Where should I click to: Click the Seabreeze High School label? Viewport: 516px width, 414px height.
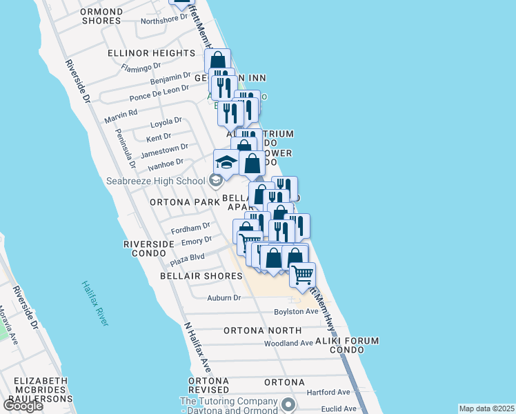156,181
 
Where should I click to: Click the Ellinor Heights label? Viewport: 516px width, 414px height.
151,53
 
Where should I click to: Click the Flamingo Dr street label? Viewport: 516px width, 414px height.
141,68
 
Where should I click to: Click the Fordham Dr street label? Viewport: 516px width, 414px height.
190,227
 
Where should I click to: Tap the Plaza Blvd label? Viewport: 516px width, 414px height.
188,257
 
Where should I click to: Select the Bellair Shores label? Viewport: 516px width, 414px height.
201,276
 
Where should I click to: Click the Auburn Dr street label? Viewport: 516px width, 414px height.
224,298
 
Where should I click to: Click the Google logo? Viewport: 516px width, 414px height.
23,406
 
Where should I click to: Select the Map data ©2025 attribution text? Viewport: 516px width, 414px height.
486,408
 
